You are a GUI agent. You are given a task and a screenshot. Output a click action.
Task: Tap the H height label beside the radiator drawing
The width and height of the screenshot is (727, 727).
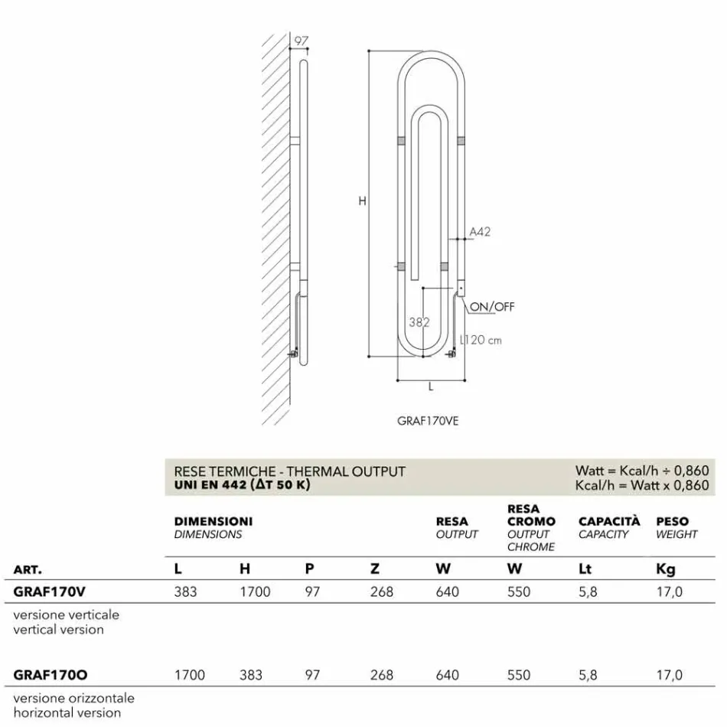[362, 201]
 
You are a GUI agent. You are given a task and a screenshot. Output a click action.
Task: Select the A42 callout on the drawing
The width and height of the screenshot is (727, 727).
[480, 231]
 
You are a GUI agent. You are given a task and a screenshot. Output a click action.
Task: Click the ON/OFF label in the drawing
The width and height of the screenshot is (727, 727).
[492, 307]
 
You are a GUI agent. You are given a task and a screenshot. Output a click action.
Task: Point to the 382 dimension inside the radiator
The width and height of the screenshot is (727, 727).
[419, 322]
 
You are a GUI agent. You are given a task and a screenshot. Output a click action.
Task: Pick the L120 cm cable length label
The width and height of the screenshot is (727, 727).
[481, 340]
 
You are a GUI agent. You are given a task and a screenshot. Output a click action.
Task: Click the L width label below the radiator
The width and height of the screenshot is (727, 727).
[431, 387]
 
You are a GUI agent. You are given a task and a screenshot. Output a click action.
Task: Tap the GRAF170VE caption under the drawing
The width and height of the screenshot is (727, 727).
[428, 421]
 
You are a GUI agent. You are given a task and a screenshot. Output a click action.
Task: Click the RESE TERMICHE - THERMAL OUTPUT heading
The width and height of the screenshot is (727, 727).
[289, 471]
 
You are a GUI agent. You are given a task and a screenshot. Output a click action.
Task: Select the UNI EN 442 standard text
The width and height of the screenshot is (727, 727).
[243, 485]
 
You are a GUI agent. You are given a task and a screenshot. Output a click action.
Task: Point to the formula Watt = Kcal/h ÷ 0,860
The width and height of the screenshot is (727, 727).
[642, 471]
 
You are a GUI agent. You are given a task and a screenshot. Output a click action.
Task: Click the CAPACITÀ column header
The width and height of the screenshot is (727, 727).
[609, 521]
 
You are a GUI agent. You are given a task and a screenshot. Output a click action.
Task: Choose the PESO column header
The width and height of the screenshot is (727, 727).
[673, 521]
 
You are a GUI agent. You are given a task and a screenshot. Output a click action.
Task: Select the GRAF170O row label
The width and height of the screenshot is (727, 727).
[51, 675]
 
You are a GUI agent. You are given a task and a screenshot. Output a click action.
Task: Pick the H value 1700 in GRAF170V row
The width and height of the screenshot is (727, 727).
[255, 592]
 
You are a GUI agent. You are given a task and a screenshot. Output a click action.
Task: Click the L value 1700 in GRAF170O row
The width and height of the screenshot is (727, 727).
[190, 675]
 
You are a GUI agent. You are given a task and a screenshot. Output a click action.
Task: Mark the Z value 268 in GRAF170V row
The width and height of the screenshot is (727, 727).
[381, 592]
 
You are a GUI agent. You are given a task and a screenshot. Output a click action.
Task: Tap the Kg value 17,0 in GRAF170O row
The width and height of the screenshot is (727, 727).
[670, 675]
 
